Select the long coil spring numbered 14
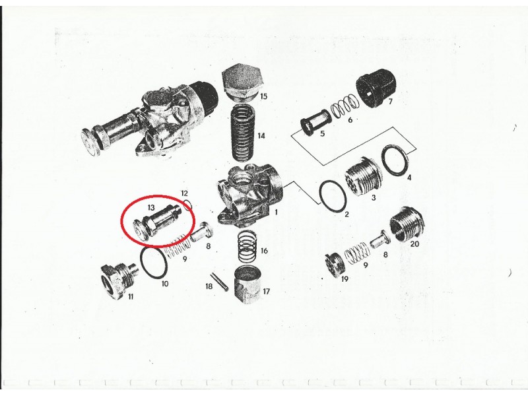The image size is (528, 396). coord(242,133)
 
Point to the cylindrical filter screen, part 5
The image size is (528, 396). coord(310,123)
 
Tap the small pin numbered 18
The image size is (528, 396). coord(220,282)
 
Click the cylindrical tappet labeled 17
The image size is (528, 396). coord(248,284)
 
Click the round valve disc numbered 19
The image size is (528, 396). coord(333,266)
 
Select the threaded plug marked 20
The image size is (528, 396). coord(407,224)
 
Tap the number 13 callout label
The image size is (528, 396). coord(150,207)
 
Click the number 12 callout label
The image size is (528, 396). coord(184,193)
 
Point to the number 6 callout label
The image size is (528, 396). coord(350,119)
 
